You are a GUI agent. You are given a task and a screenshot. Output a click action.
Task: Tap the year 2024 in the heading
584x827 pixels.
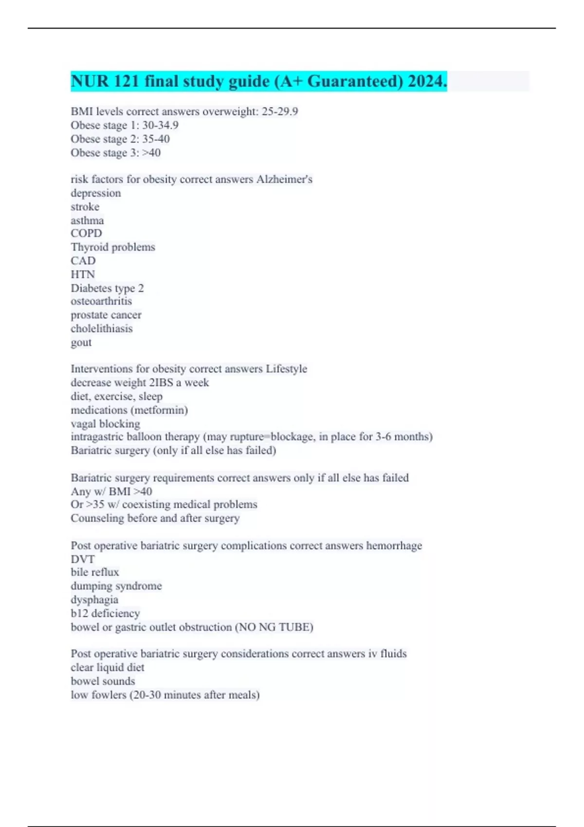point(427,81)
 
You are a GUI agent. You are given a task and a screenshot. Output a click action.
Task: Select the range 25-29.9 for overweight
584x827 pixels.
point(280,111)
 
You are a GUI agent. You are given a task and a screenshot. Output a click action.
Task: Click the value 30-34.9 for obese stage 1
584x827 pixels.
point(160,125)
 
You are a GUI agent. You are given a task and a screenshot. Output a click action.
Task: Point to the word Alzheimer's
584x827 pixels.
point(284,179)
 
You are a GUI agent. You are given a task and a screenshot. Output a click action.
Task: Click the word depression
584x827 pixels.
point(96,193)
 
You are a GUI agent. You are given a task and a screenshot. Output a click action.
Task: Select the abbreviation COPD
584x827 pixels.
point(86,234)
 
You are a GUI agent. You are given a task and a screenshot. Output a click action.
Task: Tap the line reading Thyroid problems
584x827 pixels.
point(113,247)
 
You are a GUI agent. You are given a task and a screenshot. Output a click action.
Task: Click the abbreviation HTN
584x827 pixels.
point(83,274)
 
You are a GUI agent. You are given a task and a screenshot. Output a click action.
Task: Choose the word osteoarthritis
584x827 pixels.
point(101,301)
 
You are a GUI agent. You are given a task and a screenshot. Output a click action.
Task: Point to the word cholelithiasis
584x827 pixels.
point(102,329)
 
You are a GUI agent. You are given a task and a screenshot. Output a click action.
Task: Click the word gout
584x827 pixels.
point(81,342)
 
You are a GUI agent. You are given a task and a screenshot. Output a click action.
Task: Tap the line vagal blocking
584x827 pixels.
point(105,424)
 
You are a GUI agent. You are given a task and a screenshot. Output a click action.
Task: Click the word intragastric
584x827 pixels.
point(97,437)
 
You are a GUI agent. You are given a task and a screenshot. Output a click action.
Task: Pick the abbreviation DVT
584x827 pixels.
point(83,559)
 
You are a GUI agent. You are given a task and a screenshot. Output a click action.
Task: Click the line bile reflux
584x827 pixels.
point(95,572)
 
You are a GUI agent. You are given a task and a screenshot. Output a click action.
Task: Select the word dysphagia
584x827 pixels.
point(94,600)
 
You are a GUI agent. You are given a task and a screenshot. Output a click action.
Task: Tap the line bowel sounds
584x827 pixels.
point(103,681)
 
